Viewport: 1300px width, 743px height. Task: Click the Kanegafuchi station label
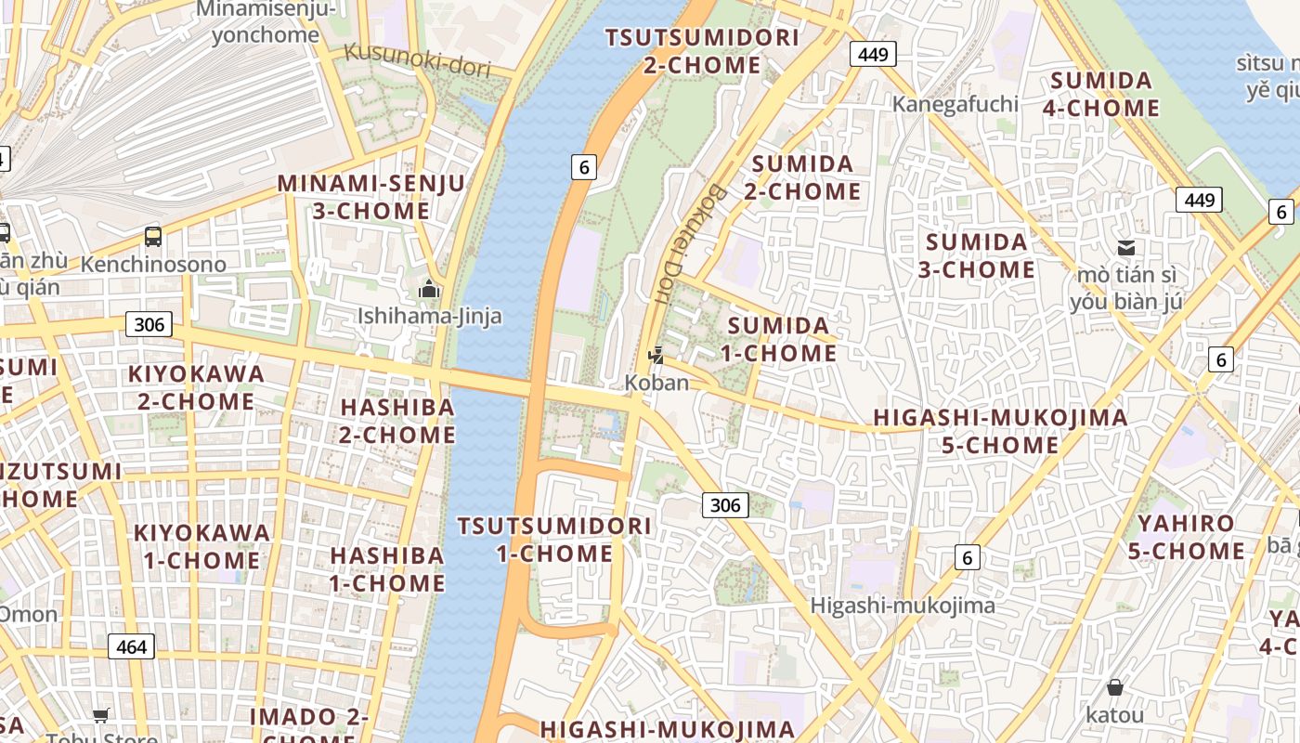tap(955, 104)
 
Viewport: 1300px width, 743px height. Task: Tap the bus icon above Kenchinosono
tap(153, 237)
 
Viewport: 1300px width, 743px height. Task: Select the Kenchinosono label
tap(153, 265)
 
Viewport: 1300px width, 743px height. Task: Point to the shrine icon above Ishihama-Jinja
tap(428, 290)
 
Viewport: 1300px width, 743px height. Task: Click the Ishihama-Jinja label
tap(430, 316)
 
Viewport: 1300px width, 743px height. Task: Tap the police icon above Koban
tap(656, 355)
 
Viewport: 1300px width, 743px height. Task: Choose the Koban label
tap(656, 383)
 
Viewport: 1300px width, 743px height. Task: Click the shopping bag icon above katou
tap(1114, 688)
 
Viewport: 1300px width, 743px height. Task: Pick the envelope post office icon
tap(1126, 247)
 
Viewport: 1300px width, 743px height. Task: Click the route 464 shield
tap(131, 646)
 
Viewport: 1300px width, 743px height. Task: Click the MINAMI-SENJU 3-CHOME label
tap(370, 197)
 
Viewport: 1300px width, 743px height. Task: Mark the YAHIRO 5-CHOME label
tap(1186, 538)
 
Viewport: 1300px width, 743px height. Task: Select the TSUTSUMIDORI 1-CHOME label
tap(553, 540)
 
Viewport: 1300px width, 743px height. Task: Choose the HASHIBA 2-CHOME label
tap(397, 421)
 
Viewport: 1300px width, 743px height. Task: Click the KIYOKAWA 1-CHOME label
tap(201, 546)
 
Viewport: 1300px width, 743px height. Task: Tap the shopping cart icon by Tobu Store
tap(100, 715)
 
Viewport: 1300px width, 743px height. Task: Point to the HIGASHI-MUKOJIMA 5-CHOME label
tap(1000, 431)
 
